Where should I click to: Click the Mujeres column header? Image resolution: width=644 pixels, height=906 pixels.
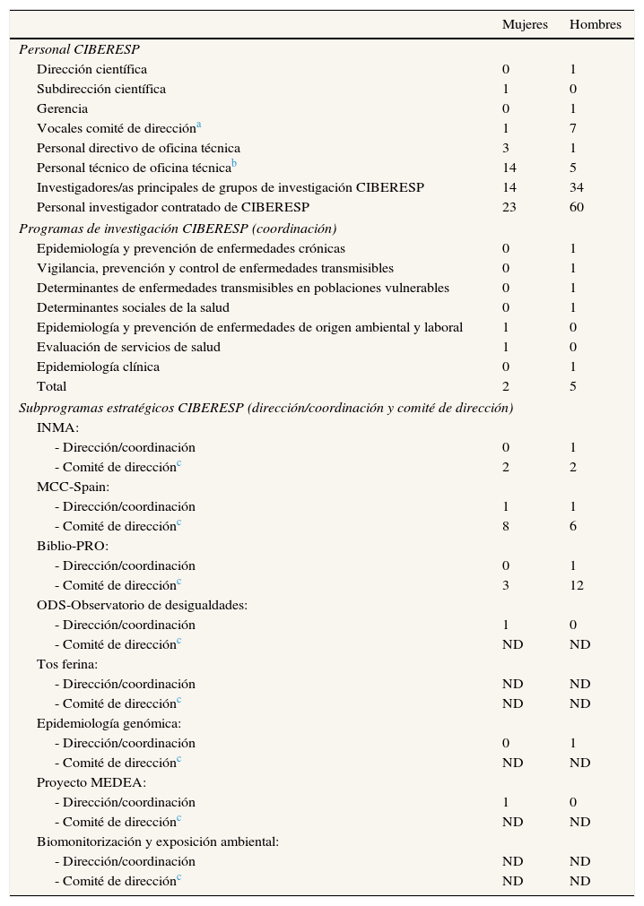525,24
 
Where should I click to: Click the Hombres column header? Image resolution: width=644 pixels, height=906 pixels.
595,24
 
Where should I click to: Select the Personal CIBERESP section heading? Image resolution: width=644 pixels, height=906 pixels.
79,49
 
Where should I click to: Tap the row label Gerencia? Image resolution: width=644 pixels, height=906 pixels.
62,108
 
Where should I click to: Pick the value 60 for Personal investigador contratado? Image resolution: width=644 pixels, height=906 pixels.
576,207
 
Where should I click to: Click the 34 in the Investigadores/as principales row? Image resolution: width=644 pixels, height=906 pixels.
576,187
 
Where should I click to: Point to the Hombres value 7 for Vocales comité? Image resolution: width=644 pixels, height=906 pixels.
573,128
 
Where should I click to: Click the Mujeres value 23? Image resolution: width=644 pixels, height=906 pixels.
509,207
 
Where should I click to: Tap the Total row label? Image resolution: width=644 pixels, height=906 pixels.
51,386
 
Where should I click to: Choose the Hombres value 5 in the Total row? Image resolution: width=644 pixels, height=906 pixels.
573,386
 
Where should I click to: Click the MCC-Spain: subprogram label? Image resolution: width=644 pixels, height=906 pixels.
73,487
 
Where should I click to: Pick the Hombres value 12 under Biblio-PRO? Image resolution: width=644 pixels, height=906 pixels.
576,585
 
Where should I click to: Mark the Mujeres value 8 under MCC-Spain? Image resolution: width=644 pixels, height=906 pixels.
506,526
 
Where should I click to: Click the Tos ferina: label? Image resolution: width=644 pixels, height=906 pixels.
67,664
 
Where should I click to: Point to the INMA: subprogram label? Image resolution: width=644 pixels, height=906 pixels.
57,427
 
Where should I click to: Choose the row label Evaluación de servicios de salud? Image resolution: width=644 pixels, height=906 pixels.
128,347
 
